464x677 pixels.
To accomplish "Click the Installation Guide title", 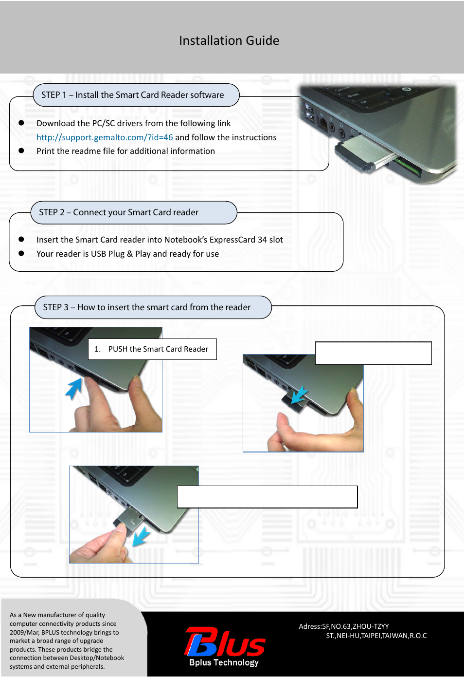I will [229, 40].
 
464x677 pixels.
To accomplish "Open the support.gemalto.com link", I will [105, 137].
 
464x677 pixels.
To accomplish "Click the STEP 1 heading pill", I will [136, 95].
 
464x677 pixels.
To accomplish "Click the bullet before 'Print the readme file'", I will [21, 150].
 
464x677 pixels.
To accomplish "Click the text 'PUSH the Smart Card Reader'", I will [158, 349].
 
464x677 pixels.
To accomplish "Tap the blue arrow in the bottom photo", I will [141, 537].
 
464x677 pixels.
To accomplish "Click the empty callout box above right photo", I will [373, 353].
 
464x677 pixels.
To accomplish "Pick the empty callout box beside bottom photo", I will [267, 497].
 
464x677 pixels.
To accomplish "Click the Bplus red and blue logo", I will [225, 642].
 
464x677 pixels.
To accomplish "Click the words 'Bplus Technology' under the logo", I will [224, 662].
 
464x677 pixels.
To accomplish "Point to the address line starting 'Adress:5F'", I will [343, 626].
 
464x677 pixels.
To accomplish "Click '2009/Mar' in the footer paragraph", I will [24, 632].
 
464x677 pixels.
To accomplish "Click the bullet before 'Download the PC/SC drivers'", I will [21, 123].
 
